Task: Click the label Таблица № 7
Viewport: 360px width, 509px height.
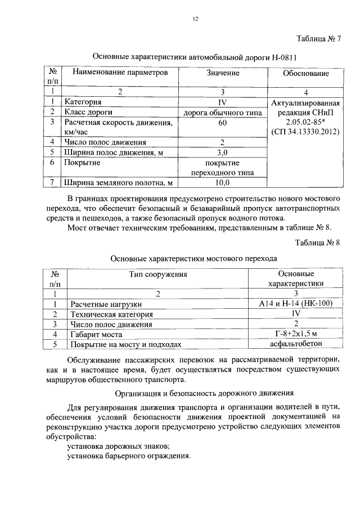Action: coord(318,39)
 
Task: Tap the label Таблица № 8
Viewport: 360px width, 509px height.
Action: coord(318,242)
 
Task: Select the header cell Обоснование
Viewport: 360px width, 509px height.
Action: coord(305,73)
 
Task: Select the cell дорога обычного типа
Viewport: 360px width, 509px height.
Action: coord(223,112)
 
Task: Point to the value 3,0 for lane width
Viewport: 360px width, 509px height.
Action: coord(222,152)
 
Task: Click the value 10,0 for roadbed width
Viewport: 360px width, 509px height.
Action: coord(222,183)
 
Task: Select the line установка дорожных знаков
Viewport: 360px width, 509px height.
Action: coord(118,446)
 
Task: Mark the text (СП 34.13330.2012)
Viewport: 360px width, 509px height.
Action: coord(305,132)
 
